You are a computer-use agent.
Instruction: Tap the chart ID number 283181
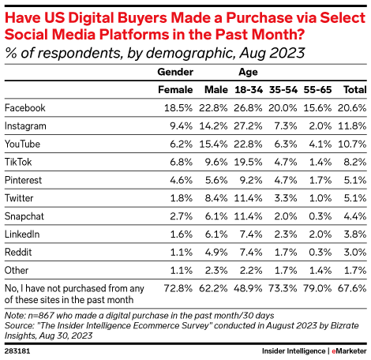click(18, 348)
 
